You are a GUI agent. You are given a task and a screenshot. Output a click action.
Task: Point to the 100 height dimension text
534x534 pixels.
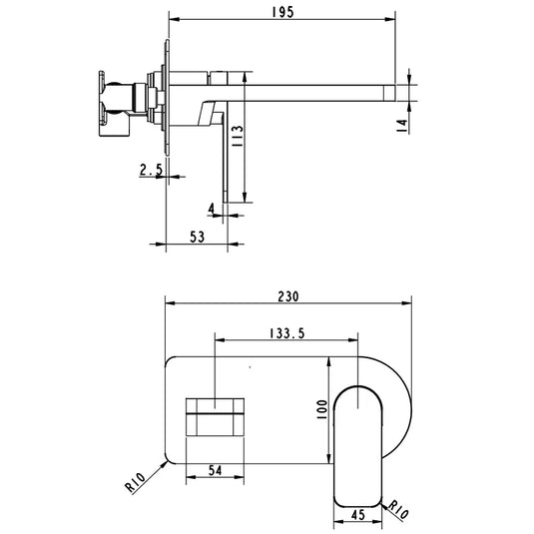pyautogui.click(x=322, y=410)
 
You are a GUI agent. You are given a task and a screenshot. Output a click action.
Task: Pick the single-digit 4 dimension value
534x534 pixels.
pyautogui.click(x=212, y=209)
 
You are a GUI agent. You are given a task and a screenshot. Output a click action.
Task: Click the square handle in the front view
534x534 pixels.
pyautogui.click(x=216, y=414)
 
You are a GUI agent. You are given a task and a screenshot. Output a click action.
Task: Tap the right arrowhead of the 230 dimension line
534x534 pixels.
pyautogui.click(x=408, y=304)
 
